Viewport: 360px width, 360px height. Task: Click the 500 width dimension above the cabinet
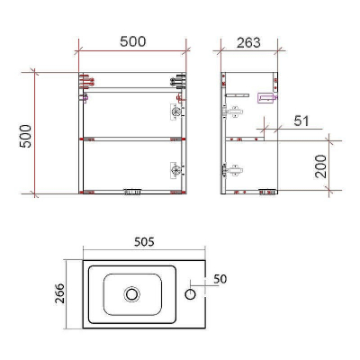(x=132, y=42)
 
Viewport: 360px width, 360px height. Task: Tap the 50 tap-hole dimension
(x=220, y=279)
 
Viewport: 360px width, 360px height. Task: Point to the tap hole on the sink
(x=192, y=293)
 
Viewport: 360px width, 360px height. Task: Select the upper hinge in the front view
(x=173, y=112)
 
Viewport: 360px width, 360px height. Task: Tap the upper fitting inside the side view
(x=235, y=113)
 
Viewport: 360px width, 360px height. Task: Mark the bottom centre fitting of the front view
(x=132, y=192)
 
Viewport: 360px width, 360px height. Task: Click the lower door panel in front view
(x=126, y=166)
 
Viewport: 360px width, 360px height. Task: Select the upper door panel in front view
(x=126, y=113)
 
